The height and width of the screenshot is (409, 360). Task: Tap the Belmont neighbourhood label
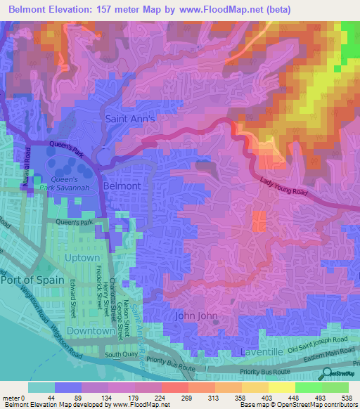coord(122,186)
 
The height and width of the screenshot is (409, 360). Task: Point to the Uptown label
coord(82,258)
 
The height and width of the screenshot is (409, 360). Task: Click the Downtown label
coord(90,330)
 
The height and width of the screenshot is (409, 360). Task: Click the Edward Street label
coord(72,299)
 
